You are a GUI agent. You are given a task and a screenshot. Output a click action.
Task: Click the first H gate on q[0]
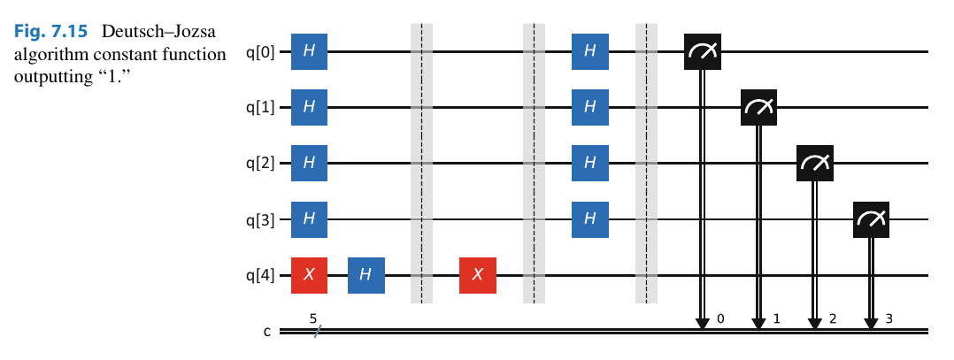pyautogui.click(x=309, y=52)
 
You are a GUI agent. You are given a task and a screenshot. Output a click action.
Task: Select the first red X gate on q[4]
pyautogui.click(x=309, y=275)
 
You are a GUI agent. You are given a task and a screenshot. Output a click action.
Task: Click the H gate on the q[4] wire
pyautogui.click(x=365, y=275)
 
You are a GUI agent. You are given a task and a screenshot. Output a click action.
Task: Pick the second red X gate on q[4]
pyautogui.click(x=478, y=275)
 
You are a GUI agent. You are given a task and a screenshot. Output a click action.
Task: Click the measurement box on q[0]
pyautogui.click(x=702, y=52)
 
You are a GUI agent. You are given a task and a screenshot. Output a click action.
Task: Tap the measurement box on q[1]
pyautogui.click(x=758, y=108)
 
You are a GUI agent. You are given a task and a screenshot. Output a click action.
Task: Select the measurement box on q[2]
pyautogui.click(x=814, y=164)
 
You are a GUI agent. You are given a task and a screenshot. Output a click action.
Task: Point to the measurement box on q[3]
pyautogui.click(x=871, y=219)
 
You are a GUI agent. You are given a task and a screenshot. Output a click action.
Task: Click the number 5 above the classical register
pyautogui.click(x=313, y=316)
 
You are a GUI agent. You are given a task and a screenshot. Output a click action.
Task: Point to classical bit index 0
pyautogui.click(x=720, y=316)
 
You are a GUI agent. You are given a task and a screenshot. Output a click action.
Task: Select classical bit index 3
pyautogui.click(x=889, y=316)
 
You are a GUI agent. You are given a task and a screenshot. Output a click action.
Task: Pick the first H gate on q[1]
pyautogui.click(x=309, y=108)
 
